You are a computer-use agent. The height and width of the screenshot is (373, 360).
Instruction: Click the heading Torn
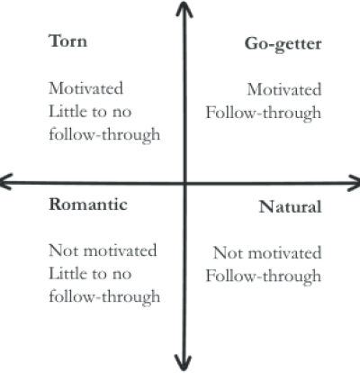click(x=68, y=41)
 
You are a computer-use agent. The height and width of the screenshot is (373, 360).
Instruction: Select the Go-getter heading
click(x=283, y=44)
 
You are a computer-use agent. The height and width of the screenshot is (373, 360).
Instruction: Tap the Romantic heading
click(x=88, y=205)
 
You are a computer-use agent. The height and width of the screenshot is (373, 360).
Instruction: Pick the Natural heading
click(x=291, y=207)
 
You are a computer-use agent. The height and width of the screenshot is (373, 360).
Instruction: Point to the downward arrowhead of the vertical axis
click(x=184, y=363)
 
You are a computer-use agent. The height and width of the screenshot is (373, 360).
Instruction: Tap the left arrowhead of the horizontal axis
click(x=6, y=182)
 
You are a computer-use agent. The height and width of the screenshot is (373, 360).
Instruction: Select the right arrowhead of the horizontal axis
click(x=354, y=183)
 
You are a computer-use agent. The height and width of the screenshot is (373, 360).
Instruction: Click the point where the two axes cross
click(x=184, y=183)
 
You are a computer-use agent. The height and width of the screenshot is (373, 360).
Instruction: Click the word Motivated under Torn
click(x=86, y=88)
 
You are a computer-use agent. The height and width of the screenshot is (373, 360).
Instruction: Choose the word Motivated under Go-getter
click(x=284, y=89)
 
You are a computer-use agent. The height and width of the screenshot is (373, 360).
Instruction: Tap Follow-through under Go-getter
click(x=264, y=114)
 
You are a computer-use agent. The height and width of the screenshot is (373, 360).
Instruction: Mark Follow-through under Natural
click(x=264, y=277)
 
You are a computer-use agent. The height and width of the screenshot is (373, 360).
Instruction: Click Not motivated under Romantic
click(x=103, y=250)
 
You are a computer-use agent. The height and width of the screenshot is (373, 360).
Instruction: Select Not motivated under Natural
click(x=267, y=253)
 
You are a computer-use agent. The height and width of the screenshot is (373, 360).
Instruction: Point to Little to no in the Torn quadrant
click(x=90, y=112)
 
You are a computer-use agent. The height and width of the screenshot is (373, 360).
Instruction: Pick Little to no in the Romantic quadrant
click(x=90, y=274)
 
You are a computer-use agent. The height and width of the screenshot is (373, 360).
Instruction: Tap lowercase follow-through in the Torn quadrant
click(x=104, y=135)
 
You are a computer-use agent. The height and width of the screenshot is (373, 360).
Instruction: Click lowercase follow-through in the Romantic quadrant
click(x=104, y=297)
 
